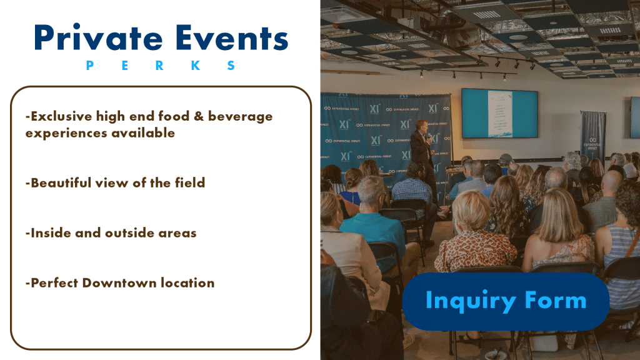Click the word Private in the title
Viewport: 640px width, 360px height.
[x=98, y=38]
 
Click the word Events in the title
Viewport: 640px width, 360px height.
[x=232, y=38]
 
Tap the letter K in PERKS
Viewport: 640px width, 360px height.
[x=196, y=65]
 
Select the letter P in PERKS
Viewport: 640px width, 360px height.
[x=90, y=65]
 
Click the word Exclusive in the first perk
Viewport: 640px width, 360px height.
[x=61, y=116]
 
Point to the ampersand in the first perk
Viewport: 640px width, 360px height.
[x=199, y=116]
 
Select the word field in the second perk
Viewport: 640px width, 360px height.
[x=190, y=182]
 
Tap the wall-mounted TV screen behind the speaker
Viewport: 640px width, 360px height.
[x=499, y=114]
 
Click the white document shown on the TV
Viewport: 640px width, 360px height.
[x=500, y=114]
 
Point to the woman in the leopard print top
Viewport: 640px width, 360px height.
[x=474, y=237]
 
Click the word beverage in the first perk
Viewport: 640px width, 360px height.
[x=240, y=117]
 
